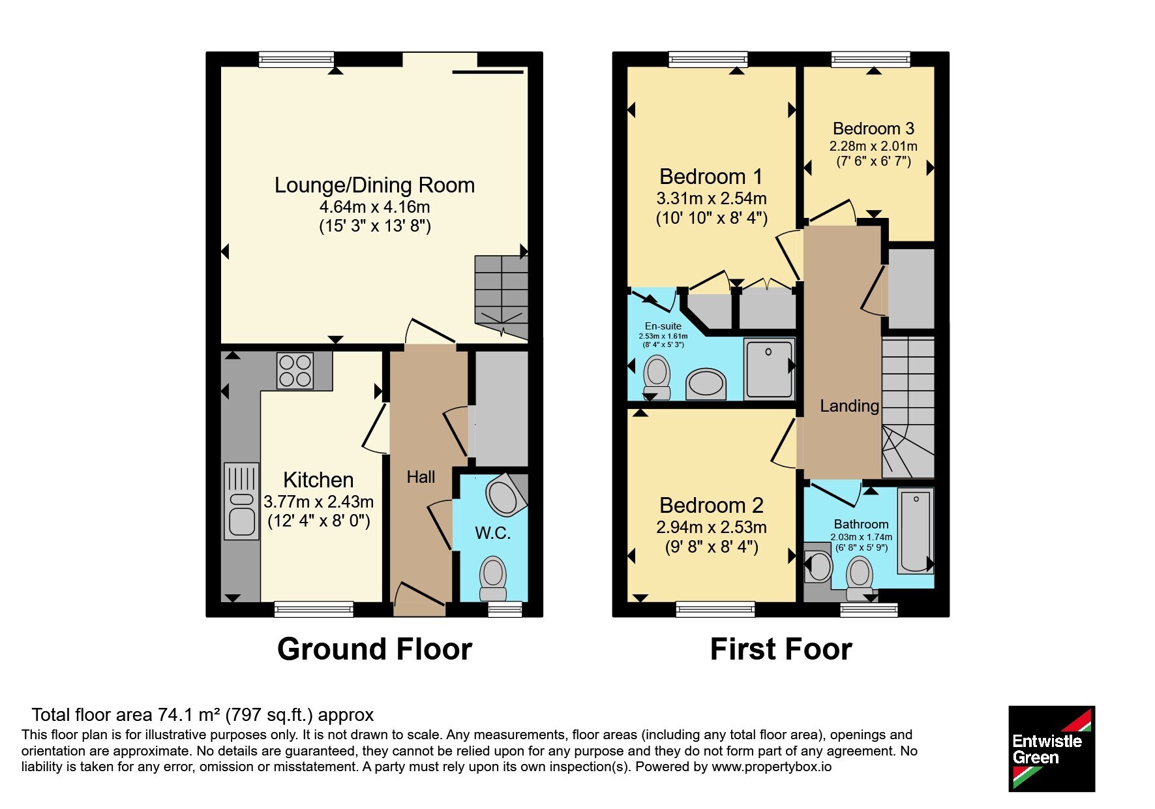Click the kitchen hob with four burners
tap(295, 371)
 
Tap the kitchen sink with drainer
tap(241, 501)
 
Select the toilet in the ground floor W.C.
tap(493, 579)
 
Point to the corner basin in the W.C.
tap(506, 495)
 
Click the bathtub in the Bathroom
tap(916, 530)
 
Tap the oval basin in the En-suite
tap(706, 384)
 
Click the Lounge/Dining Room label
tap(374, 185)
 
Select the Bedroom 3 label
tap(873, 129)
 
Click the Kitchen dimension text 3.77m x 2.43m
tap(318, 502)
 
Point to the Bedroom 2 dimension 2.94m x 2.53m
tap(712, 527)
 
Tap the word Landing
tap(849, 406)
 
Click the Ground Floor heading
tap(374, 649)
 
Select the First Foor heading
tap(781, 649)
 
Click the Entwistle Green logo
tap(1051, 749)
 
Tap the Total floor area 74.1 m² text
tap(203, 715)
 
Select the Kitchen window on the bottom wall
tap(314, 609)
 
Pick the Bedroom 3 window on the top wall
tap(871, 59)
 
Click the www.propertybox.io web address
tap(772, 767)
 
